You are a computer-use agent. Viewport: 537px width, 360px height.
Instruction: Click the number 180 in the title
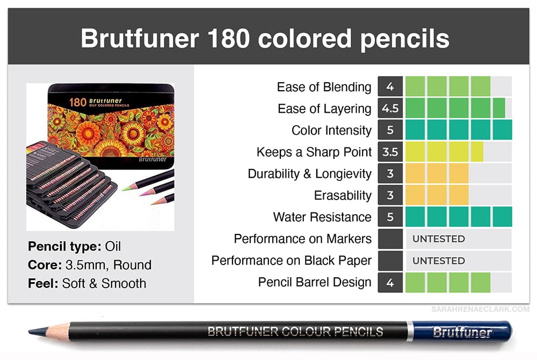point(228,38)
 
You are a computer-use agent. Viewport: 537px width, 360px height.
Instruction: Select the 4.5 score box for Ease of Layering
point(390,108)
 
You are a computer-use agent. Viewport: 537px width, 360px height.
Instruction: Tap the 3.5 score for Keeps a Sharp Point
point(390,152)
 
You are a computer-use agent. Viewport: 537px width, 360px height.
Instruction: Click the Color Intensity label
point(331,130)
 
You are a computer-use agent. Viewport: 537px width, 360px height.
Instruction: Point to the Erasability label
point(343,195)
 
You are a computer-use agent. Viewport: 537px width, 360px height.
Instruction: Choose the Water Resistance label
point(322,217)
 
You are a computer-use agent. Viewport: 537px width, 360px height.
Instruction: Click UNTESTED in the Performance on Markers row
point(439,239)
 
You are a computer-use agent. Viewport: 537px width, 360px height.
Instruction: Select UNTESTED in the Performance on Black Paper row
point(439,261)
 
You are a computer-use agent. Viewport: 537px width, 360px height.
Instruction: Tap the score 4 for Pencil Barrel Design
point(390,283)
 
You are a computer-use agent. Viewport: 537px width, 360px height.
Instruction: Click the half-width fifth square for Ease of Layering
point(499,108)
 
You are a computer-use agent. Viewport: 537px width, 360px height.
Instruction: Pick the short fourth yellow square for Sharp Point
point(477,152)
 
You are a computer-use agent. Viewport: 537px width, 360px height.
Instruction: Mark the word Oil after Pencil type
point(113,246)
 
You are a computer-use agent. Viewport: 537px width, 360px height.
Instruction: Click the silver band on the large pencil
point(410,331)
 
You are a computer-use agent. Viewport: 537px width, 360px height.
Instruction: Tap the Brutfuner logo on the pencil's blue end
point(462,332)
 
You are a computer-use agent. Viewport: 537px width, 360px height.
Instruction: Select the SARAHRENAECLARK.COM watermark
point(480,310)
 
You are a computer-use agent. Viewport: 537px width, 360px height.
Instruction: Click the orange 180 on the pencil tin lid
point(77,102)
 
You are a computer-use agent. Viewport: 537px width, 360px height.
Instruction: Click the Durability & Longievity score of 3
point(390,173)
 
